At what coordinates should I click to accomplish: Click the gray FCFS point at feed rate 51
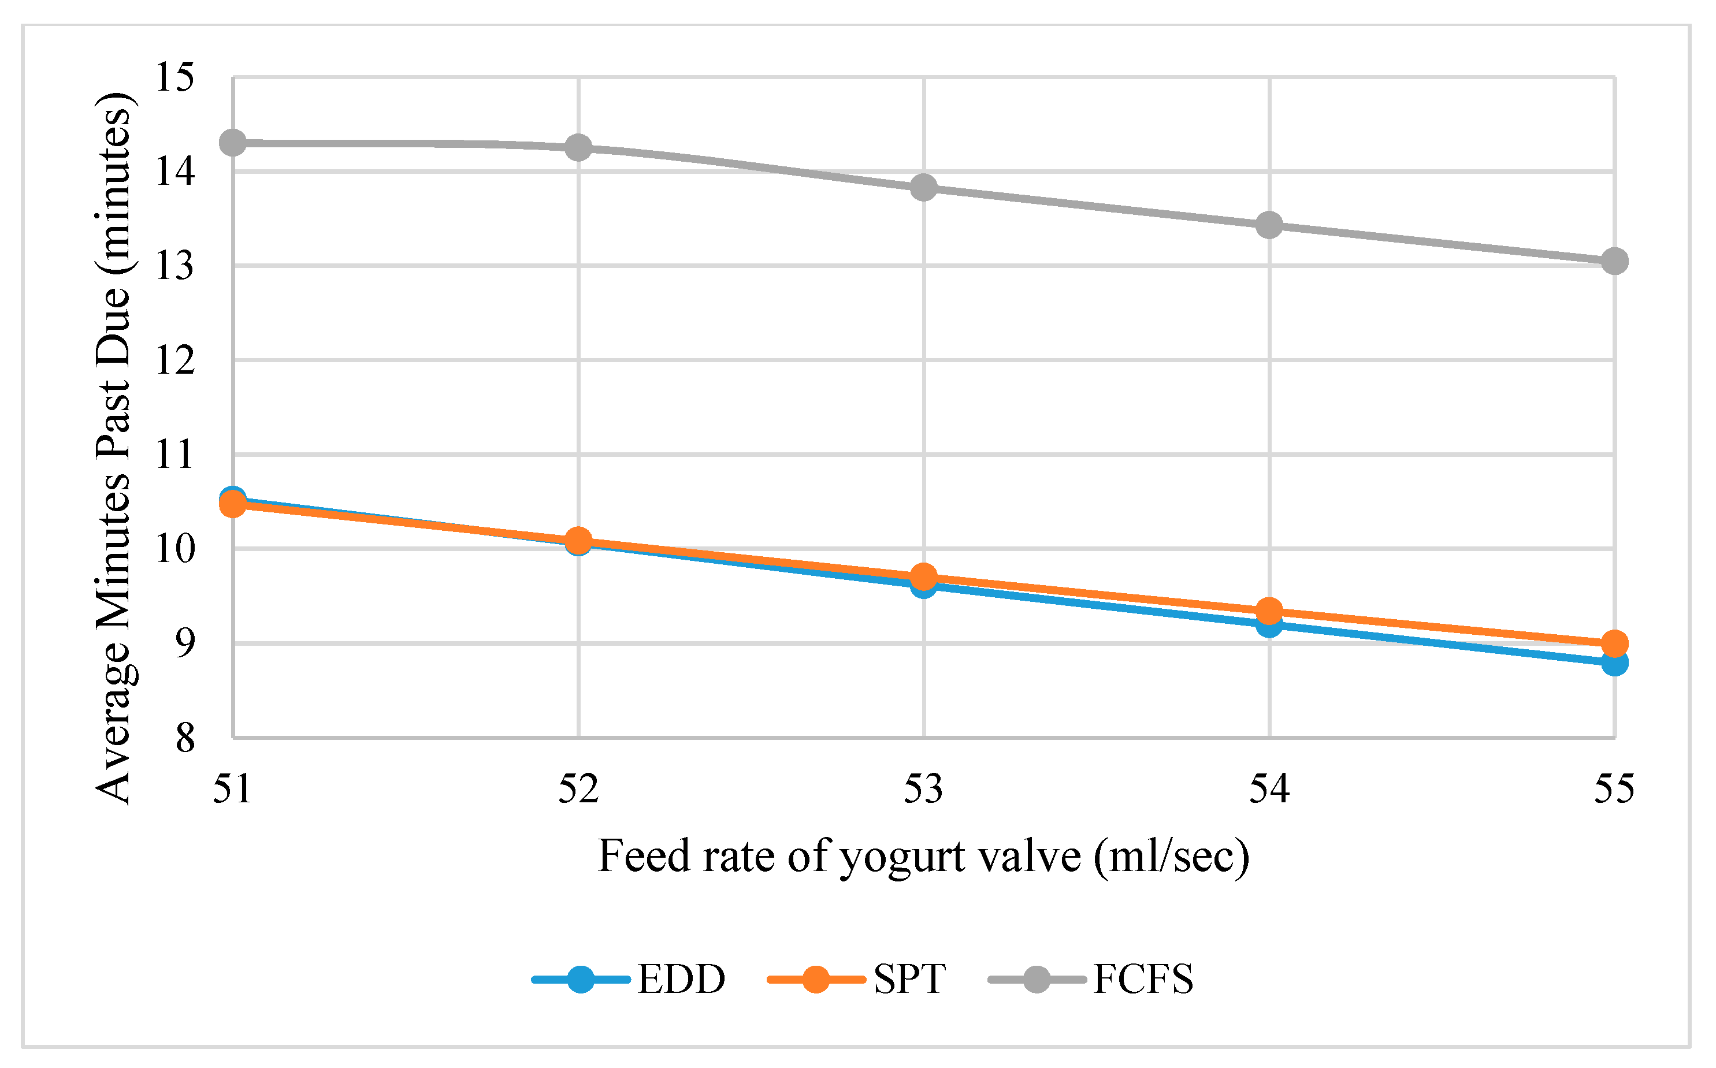[232, 143]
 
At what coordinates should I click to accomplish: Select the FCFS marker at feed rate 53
[923, 187]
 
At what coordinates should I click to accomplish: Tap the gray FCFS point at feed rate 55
[1614, 261]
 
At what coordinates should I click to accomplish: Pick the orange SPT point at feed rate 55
[1614, 643]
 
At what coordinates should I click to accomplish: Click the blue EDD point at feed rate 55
[1614, 663]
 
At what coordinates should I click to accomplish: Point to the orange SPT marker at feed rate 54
[1269, 611]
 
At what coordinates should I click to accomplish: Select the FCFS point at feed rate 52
[578, 148]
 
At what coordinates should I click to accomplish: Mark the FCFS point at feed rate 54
[1269, 225]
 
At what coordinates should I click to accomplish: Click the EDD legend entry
[629, 979]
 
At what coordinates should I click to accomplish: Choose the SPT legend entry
[856, 979]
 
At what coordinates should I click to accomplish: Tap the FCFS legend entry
[1090, 979]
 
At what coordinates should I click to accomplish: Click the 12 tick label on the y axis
[174, 360]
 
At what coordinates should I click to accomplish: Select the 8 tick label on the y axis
[185, 738]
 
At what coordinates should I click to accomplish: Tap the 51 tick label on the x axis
[232, 788]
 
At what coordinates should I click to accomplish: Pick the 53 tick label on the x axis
[923, 788]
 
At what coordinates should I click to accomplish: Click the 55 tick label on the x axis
[1614, 788]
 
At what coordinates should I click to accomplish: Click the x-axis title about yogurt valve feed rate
[923, 857]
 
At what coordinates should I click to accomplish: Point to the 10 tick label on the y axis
[174, 549]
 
